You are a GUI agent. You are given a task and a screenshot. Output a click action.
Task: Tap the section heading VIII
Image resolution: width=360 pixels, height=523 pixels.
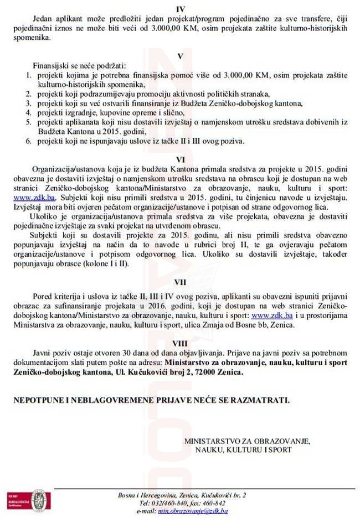click(181, 342)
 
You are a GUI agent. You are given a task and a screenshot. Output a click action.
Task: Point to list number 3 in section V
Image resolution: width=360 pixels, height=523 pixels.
click(29, 103)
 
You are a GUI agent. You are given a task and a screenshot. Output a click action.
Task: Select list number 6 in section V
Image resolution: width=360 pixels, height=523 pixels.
click(29, 141)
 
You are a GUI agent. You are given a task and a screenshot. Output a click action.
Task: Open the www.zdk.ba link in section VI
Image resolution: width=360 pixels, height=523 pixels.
click(29, 197)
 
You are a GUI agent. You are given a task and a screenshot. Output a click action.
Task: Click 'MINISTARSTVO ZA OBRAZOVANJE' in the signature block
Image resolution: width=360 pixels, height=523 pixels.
click(247, 441)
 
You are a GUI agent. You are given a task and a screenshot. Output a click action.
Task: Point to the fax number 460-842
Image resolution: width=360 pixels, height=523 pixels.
click(213, 503)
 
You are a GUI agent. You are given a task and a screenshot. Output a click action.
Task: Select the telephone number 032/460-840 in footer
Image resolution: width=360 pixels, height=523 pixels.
click(167, 503)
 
